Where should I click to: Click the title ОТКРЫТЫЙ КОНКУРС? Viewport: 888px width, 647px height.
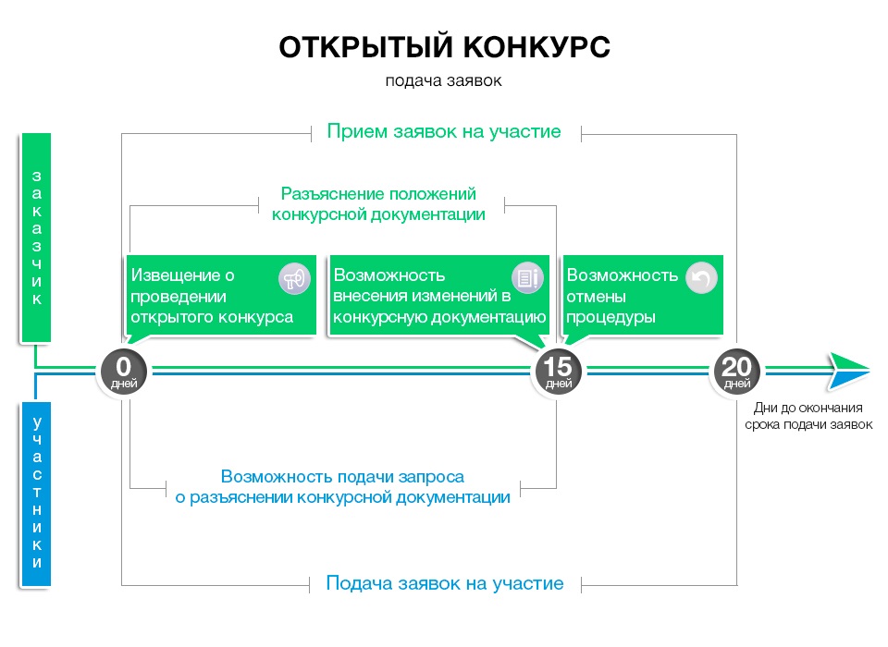tap(444, 48)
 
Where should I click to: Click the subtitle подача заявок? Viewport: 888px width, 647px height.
tap(444, 80)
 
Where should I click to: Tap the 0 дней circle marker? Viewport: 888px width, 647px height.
tap(123, 371)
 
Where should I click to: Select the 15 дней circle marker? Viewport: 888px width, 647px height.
tap(559, 371)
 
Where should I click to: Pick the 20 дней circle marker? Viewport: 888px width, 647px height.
tap(736, 371)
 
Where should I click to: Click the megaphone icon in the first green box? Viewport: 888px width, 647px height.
tap(294, 278)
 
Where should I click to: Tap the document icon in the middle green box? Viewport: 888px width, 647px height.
tap(527, 278)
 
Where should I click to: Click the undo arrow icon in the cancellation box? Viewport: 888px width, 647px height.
tap(700, 278)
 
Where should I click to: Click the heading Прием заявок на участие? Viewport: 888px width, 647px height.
tap(444, 131)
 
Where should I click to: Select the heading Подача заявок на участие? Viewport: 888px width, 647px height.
tap(444, 583)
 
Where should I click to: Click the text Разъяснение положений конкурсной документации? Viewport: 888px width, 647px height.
tap(378, 204)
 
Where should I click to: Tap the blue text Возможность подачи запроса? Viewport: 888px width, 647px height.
tap(342, 477)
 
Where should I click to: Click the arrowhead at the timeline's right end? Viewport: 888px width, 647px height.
tap(847, 371)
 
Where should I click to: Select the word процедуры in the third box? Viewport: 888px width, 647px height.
tap(610, 317)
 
